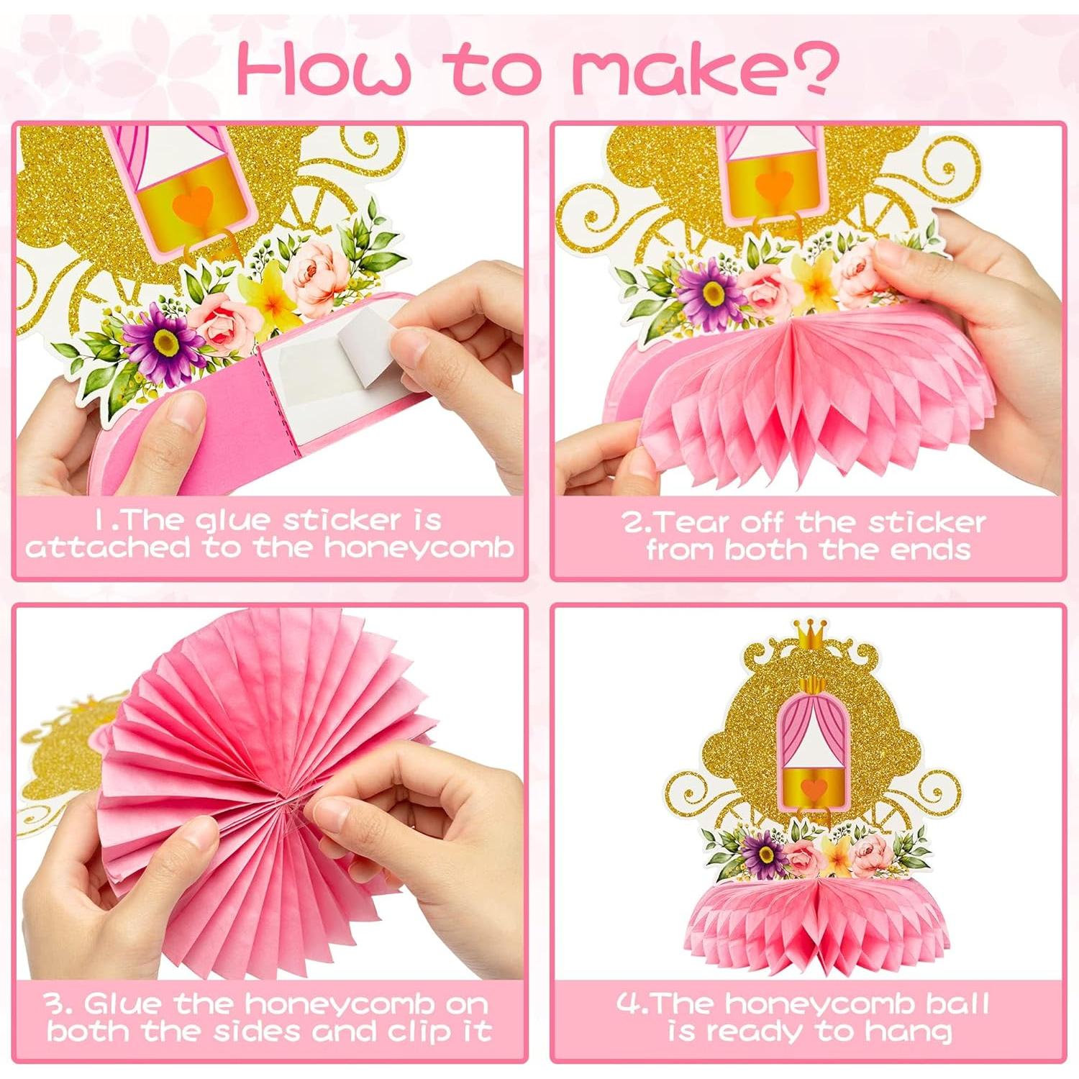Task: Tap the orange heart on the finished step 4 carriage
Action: coord(814,787)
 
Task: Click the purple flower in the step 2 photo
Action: coord(711,290)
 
